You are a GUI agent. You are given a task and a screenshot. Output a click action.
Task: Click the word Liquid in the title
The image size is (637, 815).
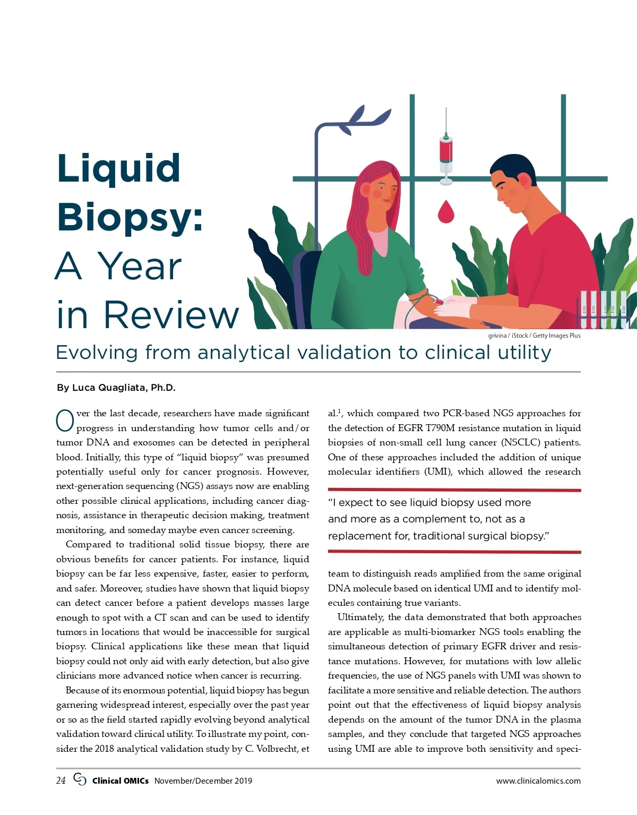click(x=118, y=168)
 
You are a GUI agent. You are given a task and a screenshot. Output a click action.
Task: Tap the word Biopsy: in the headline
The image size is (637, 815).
click(x=130, y=218)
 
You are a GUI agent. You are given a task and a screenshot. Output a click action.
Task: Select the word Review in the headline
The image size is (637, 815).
click(x=171, y=315)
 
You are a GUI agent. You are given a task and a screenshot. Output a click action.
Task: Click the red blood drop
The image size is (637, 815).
click(x=446, y=211)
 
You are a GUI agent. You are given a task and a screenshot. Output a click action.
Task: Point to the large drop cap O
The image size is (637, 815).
click(x=65, y=421)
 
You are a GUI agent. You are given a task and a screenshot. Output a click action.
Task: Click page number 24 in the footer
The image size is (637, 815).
click(x=61, y=780)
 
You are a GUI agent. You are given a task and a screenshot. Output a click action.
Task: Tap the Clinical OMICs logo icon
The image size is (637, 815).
click(x=80, y=779)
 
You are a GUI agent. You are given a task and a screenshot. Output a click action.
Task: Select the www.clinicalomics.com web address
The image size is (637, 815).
click(x=538, y=781)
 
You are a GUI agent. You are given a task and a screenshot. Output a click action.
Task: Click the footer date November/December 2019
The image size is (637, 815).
click(x=203, y=781)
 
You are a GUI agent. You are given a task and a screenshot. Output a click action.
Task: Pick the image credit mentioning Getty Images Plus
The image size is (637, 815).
click(x=534, y=336)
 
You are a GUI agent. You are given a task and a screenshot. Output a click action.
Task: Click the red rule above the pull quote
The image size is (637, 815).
click(x=454, y=490)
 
